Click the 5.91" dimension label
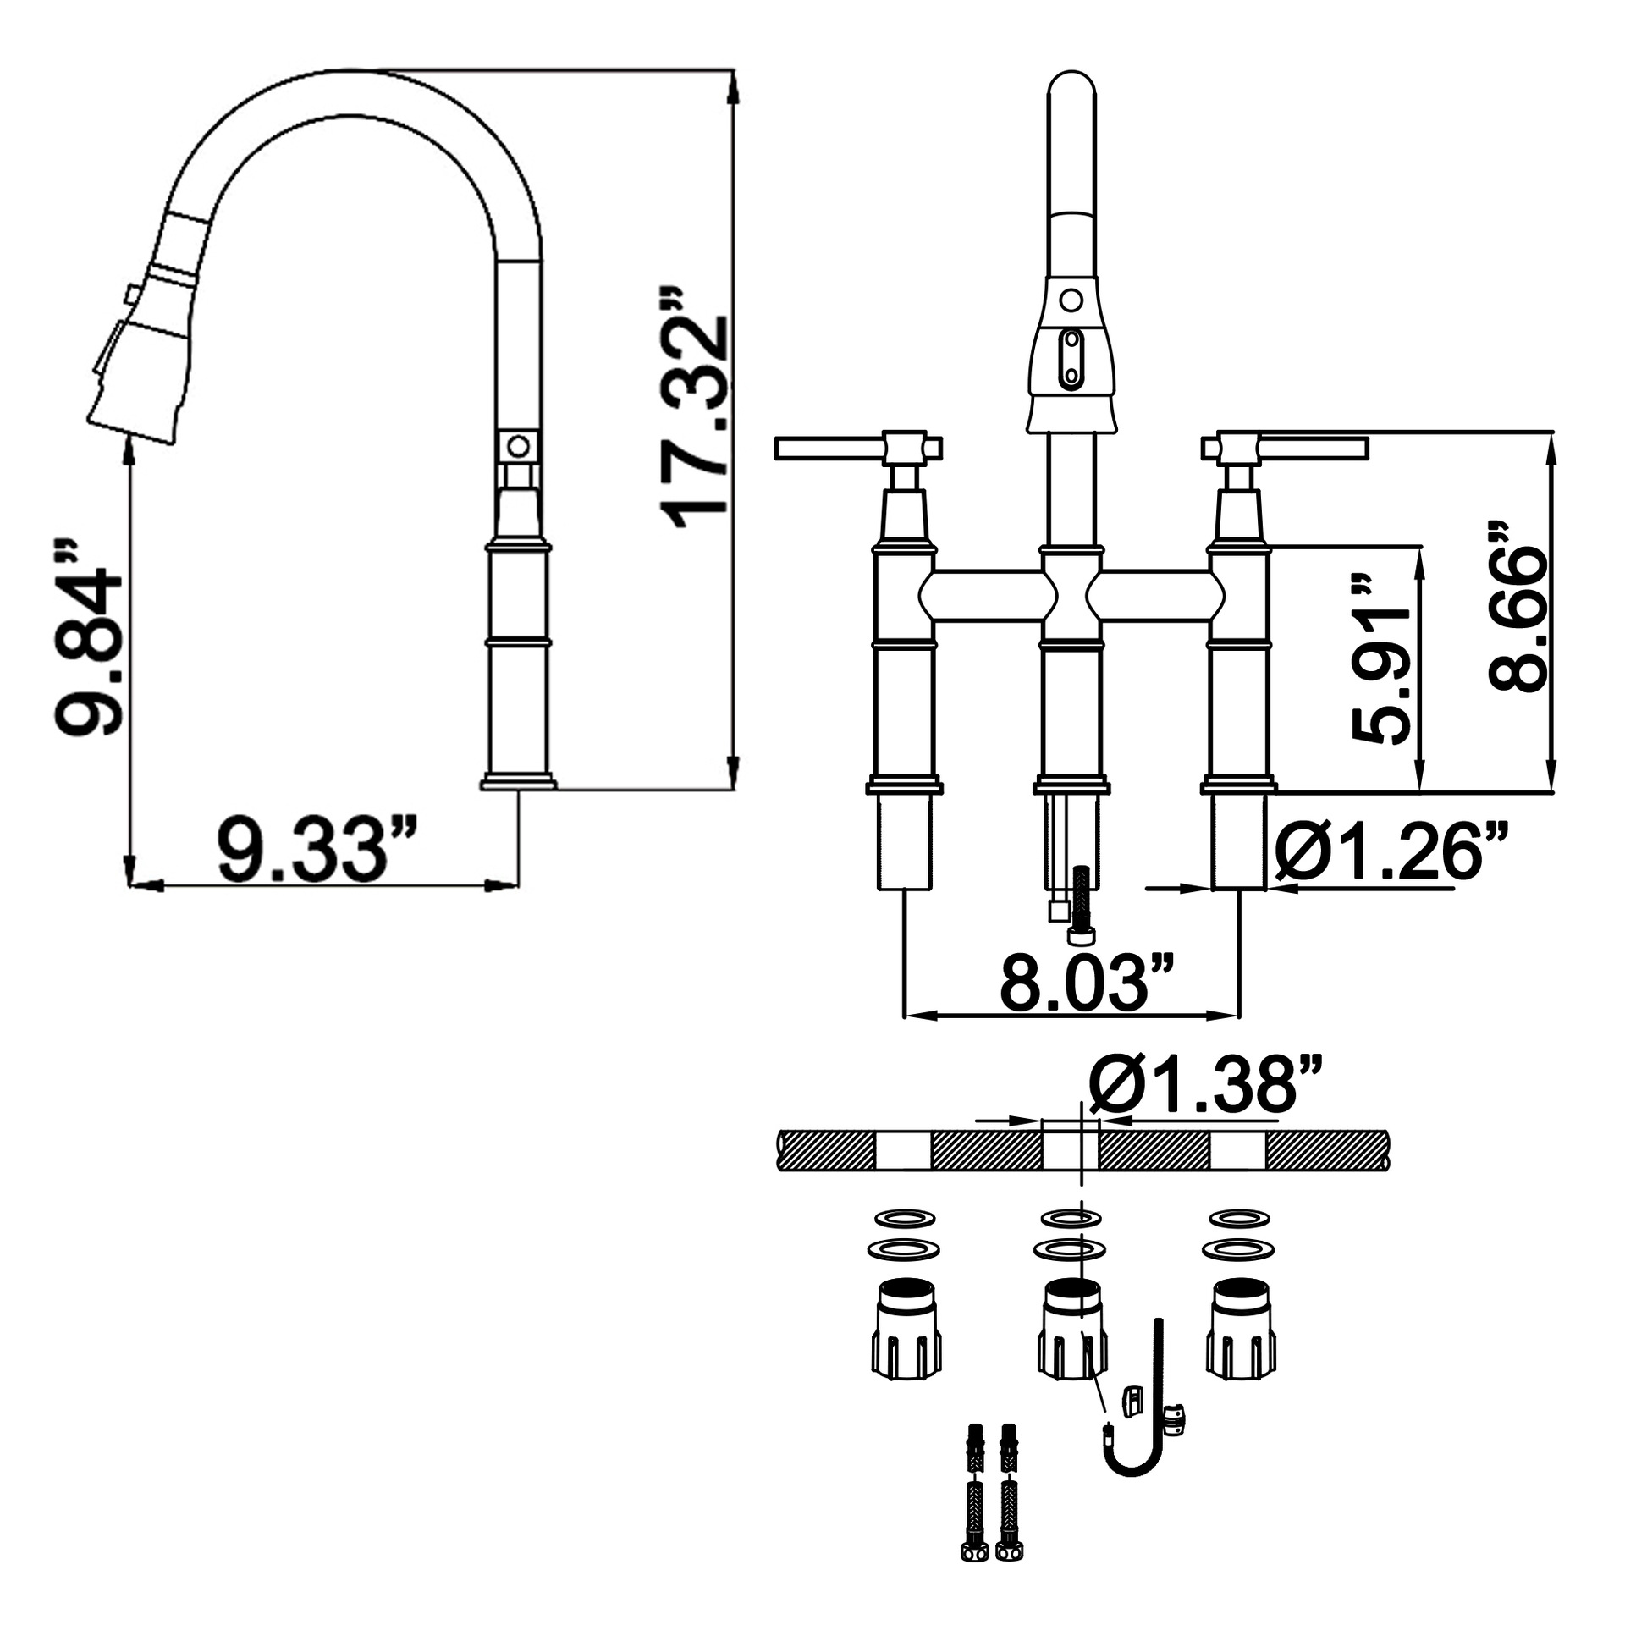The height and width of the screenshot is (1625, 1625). coord(1382,659)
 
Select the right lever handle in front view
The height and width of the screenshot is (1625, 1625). coord(1284,447)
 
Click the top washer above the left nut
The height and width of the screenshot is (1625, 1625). coord(905,1218)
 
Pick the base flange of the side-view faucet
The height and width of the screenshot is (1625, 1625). coord(518,781)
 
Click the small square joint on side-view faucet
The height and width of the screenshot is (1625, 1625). coord(517,445)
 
